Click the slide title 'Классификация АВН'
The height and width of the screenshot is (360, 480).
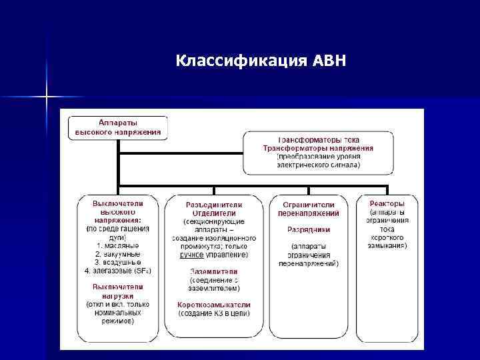pyautogui.click(x=261, y=61)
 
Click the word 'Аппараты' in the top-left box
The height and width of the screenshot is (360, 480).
pyautogui.click(x=118, y=123)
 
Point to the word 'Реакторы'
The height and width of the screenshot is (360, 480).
pyautogui.click(x=387, y=203)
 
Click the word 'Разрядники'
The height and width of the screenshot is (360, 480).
pyautogui.click(x=309, y=229)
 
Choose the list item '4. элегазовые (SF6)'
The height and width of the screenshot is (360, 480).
pyautogui.click(x=118, y=271)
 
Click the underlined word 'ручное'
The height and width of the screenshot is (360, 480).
pyautogui.click(x=191, y=255)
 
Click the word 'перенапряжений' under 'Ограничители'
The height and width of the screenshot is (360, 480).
pyautogui.click(x=309, y=213)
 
